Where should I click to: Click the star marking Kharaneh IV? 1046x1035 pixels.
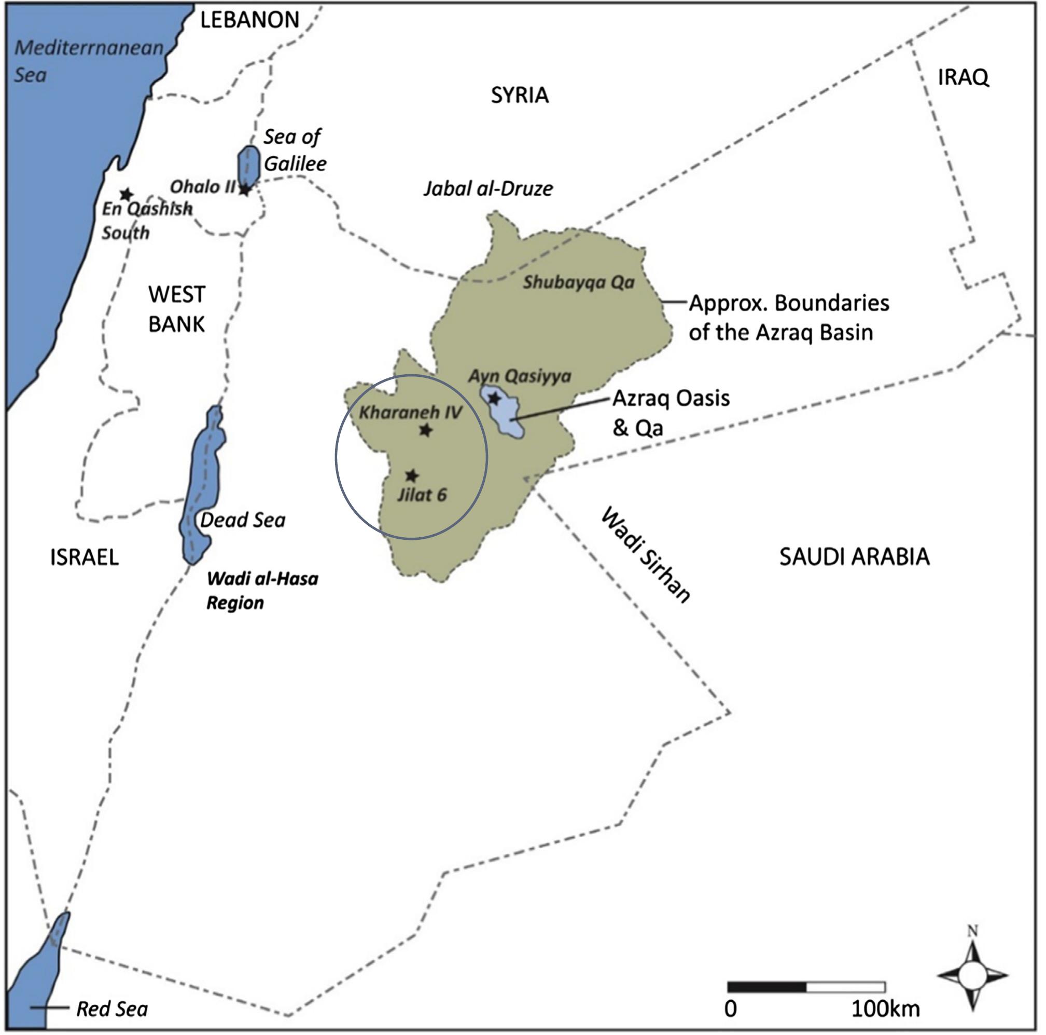click(x=426, y=430)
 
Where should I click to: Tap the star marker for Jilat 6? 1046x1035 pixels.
click(x=412, y=476)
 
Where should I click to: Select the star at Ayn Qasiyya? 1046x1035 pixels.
click(x=494, y=399)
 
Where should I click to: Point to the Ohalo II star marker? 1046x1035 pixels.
click(x=245, y=189)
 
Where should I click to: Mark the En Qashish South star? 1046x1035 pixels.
click(x=126, y=194)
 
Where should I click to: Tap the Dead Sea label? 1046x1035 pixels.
click(x=243, y=520)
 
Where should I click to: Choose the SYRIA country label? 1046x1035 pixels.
click(x=520, y=96)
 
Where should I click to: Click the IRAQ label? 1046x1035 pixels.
click(x=963, y=78)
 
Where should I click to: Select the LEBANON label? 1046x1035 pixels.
click(x=249, y=20)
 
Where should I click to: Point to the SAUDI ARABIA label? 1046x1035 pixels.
click(x=854, y=557)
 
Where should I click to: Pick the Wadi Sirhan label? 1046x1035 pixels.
click(x=645, y=555)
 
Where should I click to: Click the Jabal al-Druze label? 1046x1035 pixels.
click(x=488, y=188)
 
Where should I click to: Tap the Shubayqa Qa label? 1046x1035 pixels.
click(x=578, y=282)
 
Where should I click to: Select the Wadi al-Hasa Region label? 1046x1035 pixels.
click(x=262, y=591)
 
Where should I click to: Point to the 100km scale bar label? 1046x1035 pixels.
click(x=886, y=1009)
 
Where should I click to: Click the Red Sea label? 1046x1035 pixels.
click(x=112, y=1009)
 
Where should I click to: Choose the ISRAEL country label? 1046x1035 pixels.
click(x=85, y=557)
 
